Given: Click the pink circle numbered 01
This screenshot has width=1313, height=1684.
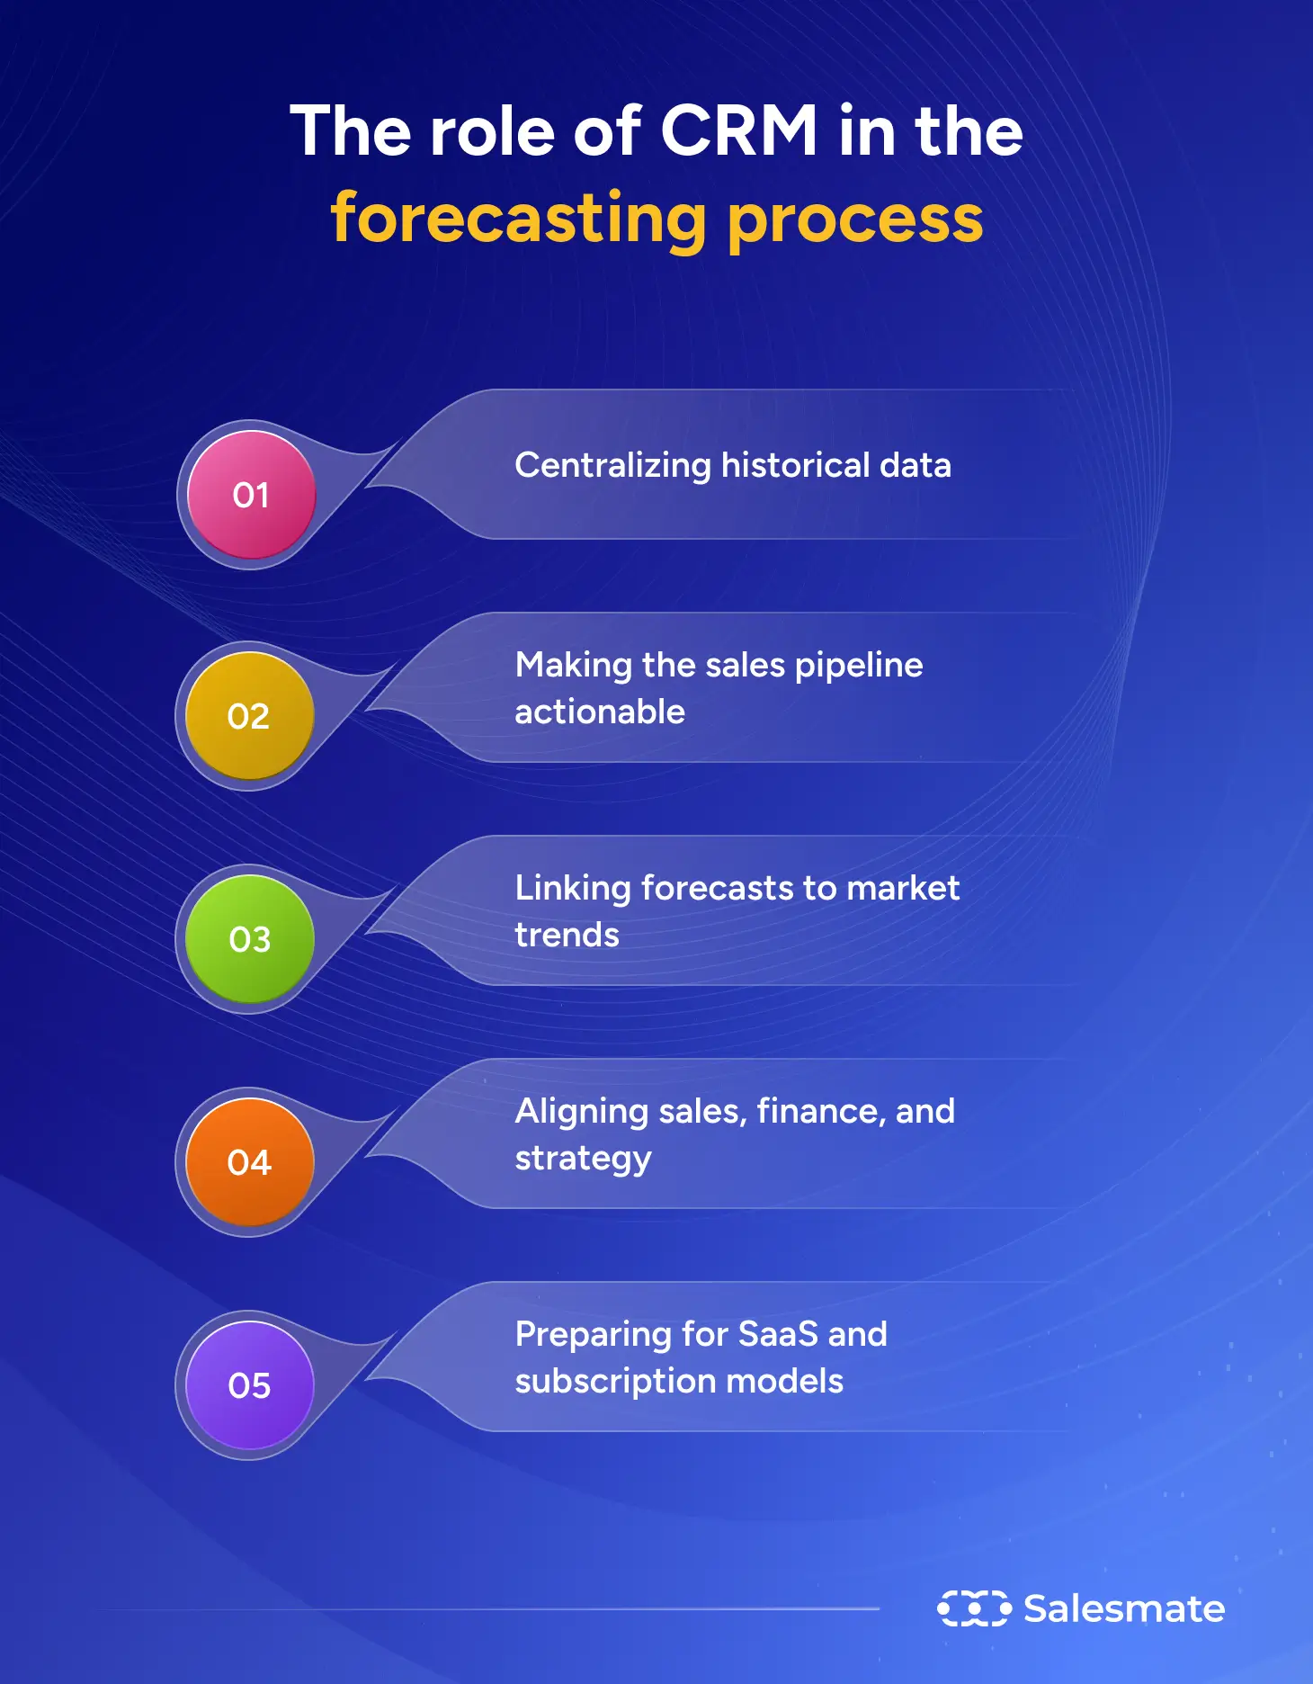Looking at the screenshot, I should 251,495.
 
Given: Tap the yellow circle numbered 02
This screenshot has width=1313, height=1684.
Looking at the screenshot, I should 249,716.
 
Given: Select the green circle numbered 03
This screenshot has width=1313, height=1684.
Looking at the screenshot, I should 249,939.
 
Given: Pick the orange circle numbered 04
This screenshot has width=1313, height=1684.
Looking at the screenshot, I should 249,1162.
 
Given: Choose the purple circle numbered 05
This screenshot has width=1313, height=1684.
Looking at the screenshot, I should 249,1385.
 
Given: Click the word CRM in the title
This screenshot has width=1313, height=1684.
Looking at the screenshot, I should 738,131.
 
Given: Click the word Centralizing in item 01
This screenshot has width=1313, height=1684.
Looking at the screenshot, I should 612,466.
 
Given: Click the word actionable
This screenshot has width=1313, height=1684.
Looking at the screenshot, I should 600,712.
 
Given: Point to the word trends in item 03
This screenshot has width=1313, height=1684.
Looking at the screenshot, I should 567,936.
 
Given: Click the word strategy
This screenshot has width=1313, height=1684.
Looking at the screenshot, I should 583,1159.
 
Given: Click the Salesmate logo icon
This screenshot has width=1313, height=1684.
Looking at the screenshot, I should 974,1608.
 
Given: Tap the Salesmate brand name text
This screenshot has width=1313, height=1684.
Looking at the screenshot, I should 1124,1608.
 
